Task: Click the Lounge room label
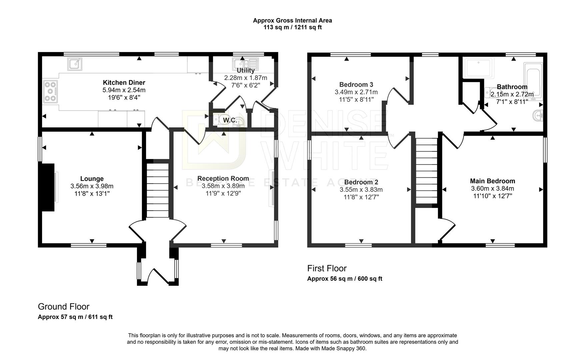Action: point(92,179)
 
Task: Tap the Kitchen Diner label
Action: point(124,83)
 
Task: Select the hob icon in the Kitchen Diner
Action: point(50,91)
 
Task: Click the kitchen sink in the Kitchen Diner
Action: point(75,64)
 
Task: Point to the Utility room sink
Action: point(246,63)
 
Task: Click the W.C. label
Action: point(230,120)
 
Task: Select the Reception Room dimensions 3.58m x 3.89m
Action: point(223,186)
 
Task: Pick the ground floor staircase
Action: point(158,190)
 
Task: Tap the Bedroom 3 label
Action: point(356,84)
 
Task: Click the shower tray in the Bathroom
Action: point(478,68)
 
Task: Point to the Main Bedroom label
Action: point(492,181)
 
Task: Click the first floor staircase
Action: point(426,171)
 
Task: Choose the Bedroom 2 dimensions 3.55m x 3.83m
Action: point(361,190)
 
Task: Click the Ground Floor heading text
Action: point(64,306)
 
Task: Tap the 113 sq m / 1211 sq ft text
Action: point(292,27)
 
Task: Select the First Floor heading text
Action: point(327,268)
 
